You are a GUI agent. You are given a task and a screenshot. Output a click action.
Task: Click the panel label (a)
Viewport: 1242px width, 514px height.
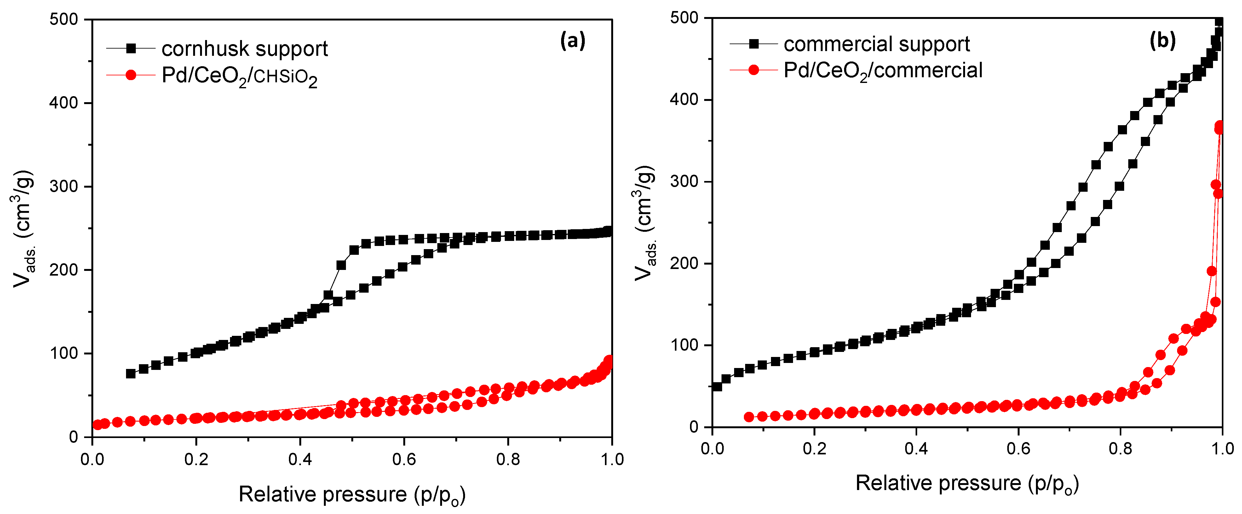tap(572, 41)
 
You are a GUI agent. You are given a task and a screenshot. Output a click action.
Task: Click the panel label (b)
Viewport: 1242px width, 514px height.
tap(1163, 41)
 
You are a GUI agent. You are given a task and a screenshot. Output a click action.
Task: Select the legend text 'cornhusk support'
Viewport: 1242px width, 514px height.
tap(244, 49)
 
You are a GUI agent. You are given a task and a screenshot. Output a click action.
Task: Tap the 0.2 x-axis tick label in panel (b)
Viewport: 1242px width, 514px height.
tap(814, 448)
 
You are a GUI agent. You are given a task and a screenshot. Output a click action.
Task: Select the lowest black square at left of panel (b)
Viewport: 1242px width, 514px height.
tap(717, 387)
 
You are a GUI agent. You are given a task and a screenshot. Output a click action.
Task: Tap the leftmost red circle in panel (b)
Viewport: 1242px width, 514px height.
tap(749, 417)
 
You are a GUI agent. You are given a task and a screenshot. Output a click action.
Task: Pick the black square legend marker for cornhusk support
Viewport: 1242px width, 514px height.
tap(131, 48)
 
